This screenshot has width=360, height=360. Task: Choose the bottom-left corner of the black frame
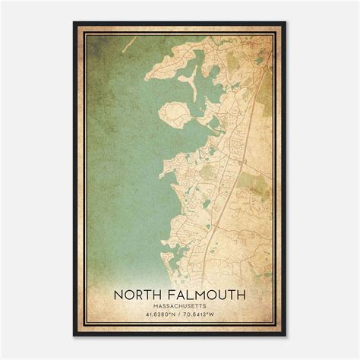click(x=74, y=336)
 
